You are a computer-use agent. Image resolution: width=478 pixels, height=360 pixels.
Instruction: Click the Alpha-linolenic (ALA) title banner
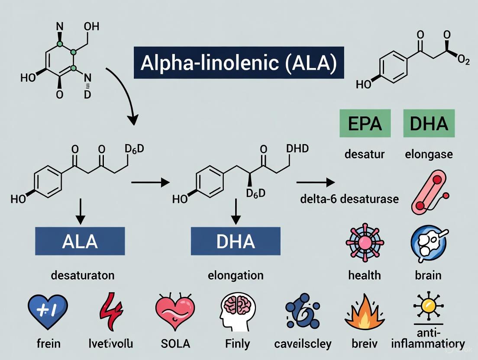tap(239, 63)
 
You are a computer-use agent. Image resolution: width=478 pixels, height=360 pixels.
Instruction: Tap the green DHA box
tap(429, 123)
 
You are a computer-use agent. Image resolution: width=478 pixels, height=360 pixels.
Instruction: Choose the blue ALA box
tap(80, 241)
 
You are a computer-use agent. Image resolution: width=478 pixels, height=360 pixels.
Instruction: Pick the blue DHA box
tap(236, 241)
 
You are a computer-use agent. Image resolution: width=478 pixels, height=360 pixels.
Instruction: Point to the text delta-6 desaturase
tap(349, 199)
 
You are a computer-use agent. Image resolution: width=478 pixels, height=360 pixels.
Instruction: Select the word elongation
tap(236, 275)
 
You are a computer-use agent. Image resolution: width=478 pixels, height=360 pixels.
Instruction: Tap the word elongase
tap(429, 154)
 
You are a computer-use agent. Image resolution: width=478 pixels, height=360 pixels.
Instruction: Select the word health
tap(365, 275)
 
